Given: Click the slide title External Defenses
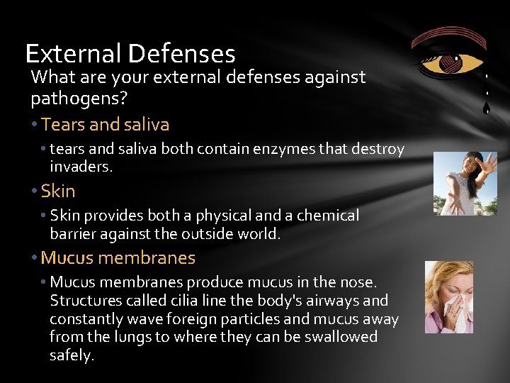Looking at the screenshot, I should click(130, 54).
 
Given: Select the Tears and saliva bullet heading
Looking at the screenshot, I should click(105, 125).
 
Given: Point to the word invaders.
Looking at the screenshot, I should click(81, 167).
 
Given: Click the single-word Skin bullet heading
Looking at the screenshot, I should click(58, 191).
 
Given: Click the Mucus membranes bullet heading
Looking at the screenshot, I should click(118, 258).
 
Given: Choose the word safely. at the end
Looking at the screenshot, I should click(72, 355).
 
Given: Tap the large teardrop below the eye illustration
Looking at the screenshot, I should click(486, 109).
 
